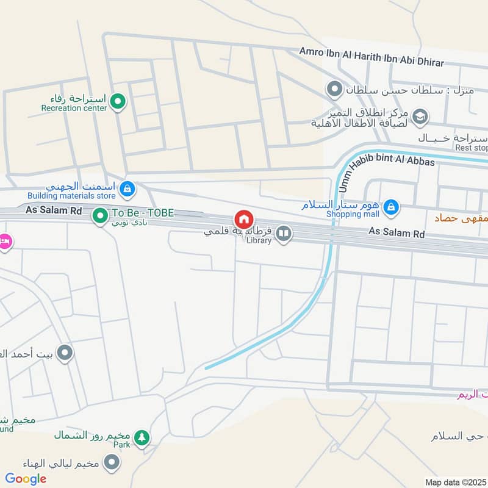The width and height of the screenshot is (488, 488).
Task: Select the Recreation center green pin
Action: [118, 102]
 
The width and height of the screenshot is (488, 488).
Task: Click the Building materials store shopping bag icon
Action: [126, 188]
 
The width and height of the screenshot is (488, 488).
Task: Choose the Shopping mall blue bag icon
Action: [392, 208]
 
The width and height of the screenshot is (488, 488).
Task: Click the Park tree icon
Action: [142, 437]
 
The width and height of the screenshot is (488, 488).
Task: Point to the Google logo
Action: [26, 479]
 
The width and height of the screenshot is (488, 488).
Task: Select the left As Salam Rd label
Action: [54, 210]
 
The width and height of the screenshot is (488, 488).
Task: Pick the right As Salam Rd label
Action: [396, 232]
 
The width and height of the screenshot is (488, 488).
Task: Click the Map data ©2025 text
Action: [454, 482]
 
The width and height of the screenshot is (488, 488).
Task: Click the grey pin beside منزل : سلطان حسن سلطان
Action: [334, 90]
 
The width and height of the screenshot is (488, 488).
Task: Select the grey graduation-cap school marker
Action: [420, 116]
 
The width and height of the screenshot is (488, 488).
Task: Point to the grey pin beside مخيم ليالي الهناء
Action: [111, 463]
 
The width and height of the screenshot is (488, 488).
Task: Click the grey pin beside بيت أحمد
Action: [65, 353]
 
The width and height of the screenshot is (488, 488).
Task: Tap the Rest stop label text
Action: [472, 148]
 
